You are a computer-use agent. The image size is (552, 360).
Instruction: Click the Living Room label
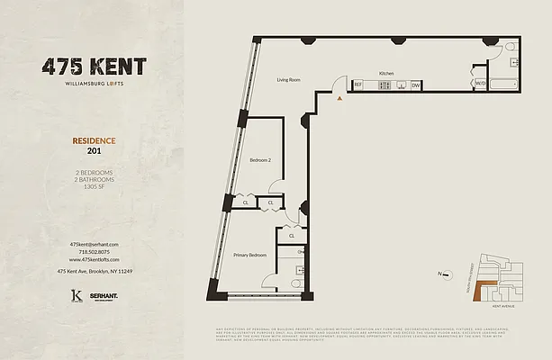point(287,80)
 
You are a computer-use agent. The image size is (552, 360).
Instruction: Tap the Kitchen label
point(386,73)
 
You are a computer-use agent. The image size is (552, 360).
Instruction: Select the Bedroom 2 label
point(260,160)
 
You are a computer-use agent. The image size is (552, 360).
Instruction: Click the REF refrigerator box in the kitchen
point(357,85)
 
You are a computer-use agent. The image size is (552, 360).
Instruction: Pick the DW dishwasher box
point(416,85)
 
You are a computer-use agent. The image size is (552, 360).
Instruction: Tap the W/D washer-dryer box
point(481,85)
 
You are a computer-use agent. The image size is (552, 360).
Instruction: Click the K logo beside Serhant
point(77,295)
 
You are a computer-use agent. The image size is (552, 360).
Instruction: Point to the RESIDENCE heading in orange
point(94,140)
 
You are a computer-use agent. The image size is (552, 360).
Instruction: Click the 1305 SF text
point(94,186)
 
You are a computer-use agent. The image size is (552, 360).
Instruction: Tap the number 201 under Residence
point(94,151)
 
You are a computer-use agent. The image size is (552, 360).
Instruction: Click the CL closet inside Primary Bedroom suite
point(292,235)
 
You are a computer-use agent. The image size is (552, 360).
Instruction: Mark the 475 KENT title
point(94,67)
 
